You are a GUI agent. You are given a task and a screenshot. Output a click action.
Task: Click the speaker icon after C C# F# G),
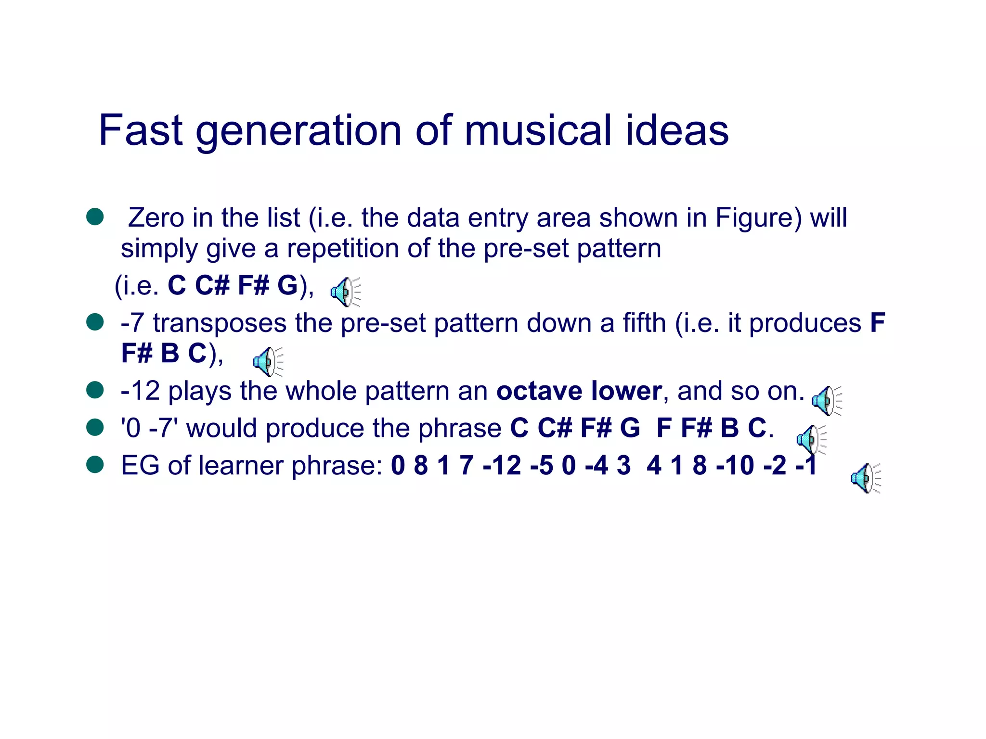point(345,292)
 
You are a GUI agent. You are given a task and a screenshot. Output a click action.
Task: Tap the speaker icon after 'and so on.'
point(827,400)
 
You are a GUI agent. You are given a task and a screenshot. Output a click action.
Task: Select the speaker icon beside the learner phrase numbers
point(866,478)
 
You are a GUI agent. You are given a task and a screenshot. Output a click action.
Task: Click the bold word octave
point(538,391)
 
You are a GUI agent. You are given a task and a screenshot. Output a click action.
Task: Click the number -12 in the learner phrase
point(501,465)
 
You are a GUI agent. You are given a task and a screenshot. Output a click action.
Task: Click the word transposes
point(220,323)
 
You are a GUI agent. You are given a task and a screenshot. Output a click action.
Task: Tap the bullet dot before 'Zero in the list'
point(95,217)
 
